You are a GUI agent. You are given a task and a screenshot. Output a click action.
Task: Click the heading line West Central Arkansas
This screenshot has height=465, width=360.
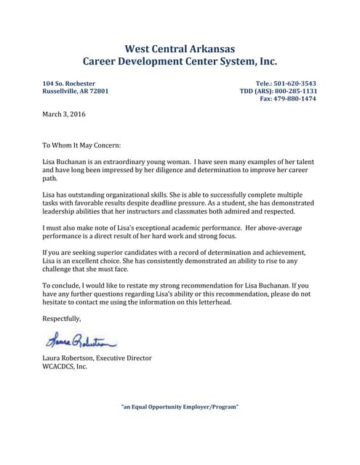click(x=180, y=49)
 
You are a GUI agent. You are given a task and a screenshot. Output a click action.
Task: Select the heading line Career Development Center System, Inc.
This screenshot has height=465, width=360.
click(x=180, y=62)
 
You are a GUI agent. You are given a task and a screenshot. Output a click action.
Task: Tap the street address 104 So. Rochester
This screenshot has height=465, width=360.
click(x=69, y=84)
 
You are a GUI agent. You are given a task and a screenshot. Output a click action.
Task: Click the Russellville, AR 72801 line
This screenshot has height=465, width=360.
click(x=76, y=92)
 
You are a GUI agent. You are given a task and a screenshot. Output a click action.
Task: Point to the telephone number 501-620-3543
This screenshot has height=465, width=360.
click(x=295, y=84)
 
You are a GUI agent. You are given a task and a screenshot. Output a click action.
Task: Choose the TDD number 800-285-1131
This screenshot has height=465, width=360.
click(x=295, y=92)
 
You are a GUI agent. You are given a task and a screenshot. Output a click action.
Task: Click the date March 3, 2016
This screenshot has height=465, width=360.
click(x=64, y=114)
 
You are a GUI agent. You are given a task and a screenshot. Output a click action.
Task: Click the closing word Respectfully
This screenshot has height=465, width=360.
click(x=62, y=318)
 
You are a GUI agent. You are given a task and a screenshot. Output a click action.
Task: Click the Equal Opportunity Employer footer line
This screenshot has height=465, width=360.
click(x=180, y=406)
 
